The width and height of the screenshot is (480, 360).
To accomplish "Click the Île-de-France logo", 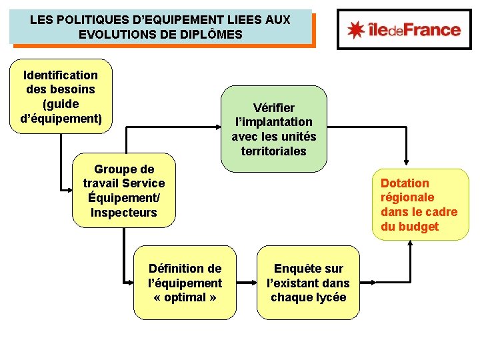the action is point(404,29).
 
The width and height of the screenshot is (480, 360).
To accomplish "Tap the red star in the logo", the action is point(357,29).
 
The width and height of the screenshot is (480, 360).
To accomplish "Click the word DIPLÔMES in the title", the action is point(211,34).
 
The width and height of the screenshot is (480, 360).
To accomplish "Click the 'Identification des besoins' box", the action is point(61,97).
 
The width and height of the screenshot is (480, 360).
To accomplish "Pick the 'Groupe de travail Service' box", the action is point(124,191).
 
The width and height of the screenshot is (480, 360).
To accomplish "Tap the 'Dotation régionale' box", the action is point(419,205).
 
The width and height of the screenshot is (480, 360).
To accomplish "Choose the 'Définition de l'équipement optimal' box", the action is point(185,283).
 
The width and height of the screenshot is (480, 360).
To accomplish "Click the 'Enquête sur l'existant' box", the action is point(308,283).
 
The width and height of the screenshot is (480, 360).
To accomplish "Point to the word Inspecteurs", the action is point(124,213).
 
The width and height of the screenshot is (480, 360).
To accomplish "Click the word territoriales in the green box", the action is point(274,151).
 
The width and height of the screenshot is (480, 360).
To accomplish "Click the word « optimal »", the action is point(185,297).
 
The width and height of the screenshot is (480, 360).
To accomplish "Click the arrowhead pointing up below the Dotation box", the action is point(410,243).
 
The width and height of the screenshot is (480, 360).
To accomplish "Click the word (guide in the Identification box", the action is point(61,104).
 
